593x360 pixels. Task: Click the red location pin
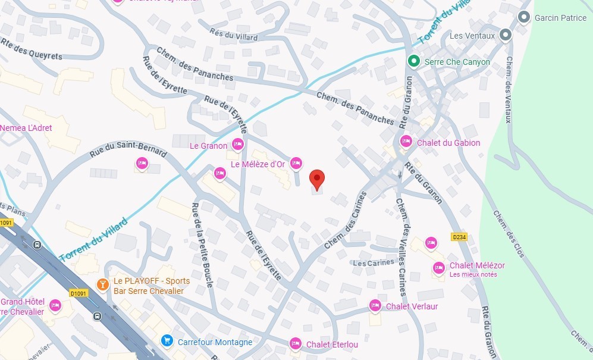point(317,178)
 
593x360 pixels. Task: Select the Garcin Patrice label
point(560,17)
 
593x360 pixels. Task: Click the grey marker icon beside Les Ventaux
point(505,36)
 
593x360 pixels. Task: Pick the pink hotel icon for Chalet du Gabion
point(406,142)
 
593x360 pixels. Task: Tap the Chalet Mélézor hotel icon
point(438,268)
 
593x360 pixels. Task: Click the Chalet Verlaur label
point(412,306)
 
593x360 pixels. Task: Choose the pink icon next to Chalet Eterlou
point(295,343)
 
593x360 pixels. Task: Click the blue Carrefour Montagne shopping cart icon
point(167,341)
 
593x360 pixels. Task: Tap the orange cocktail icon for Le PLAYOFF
point(103,284)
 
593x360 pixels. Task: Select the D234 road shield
point(459,237)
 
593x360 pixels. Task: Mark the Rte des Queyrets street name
point(23,49)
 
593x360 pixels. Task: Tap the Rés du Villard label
point(234,34)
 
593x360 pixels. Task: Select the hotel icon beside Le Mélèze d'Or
point(296,163)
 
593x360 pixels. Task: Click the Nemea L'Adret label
point(26,128)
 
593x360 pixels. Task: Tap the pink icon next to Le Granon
point(238,144)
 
